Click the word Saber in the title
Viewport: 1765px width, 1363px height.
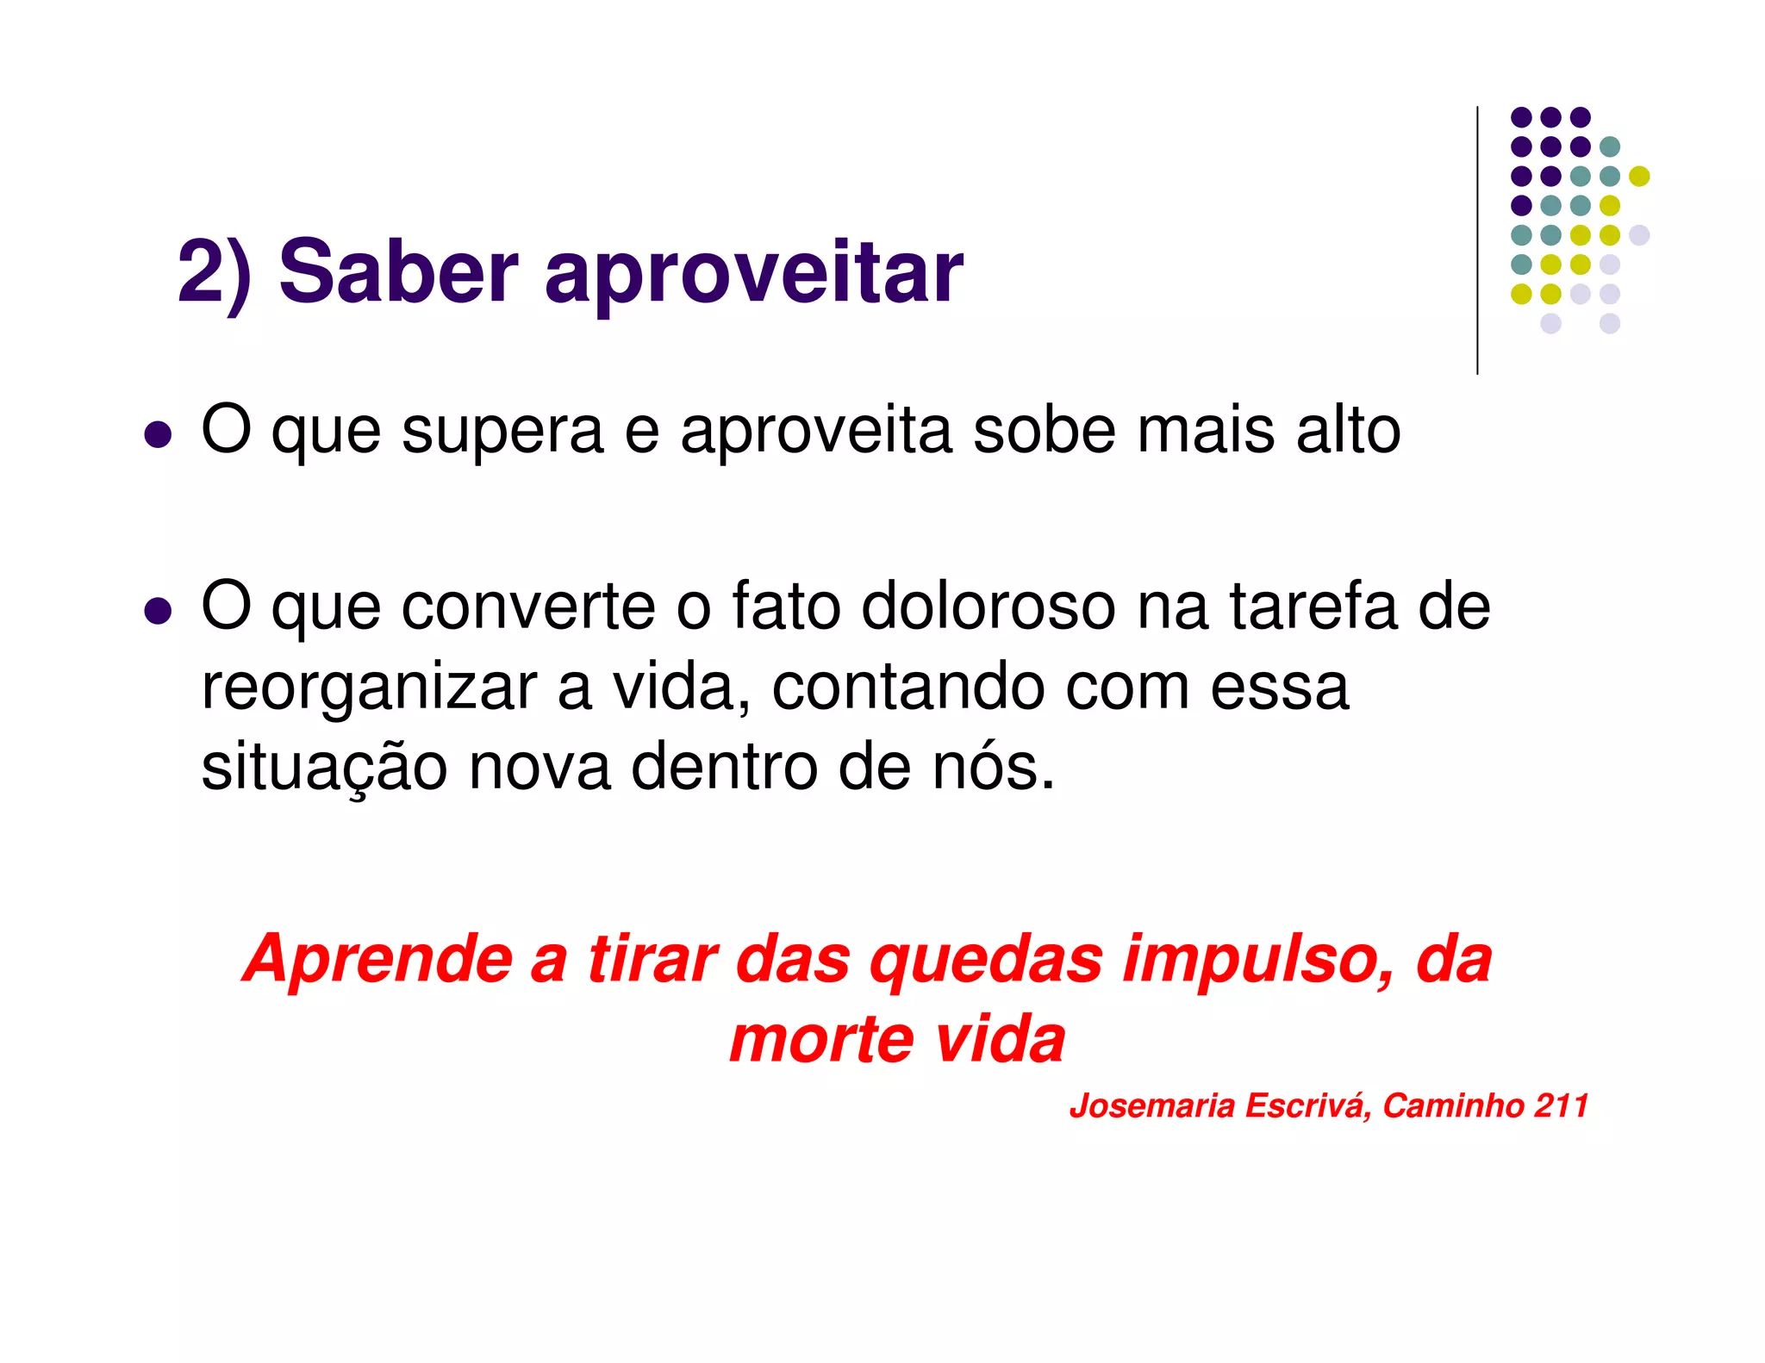(x=398, y=272)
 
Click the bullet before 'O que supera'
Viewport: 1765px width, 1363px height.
(x=158, y=434)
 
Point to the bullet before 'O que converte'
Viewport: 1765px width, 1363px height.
(x=158, y=611)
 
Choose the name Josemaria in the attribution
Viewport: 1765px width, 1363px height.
(x=1152, y=1106)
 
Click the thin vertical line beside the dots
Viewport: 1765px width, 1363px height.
(x=1477, y=241)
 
